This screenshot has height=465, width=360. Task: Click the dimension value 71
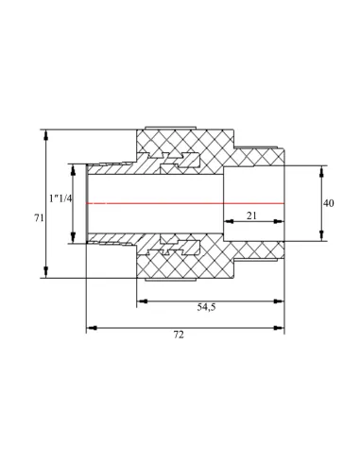39,217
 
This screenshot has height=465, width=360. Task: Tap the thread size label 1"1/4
60,198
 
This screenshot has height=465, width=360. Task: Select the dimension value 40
329,203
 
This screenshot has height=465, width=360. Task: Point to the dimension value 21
251,215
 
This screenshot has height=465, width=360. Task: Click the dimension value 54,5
206,307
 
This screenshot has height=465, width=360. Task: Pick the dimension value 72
179,335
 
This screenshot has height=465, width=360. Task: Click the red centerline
185,203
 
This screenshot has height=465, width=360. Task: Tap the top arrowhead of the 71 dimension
46,135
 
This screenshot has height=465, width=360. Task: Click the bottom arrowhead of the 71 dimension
46,271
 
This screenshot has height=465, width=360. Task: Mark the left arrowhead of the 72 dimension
92,328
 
